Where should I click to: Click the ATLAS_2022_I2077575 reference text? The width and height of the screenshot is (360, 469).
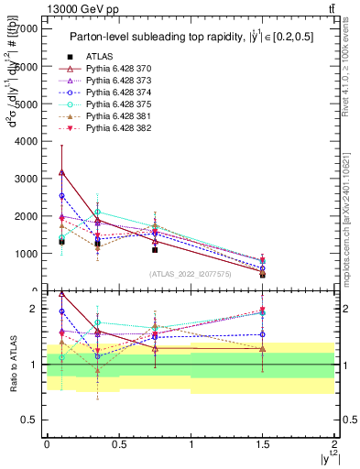pos(190,274)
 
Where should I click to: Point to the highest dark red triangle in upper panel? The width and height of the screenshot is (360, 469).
pos(61,171)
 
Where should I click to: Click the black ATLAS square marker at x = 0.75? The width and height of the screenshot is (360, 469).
pos(155,249)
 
